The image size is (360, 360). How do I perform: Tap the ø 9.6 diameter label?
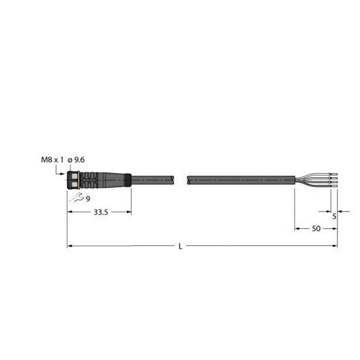[76, 160]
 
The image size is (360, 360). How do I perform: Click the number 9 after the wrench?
[88, 199]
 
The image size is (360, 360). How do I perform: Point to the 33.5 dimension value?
[101, 212]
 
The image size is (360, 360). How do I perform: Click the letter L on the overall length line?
[181, 247]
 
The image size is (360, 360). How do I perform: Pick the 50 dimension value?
[316, 229]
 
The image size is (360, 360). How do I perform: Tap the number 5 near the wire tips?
[334, 217]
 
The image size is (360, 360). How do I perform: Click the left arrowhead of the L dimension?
[69, 246]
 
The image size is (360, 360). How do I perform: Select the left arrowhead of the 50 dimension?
[297, 229]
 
